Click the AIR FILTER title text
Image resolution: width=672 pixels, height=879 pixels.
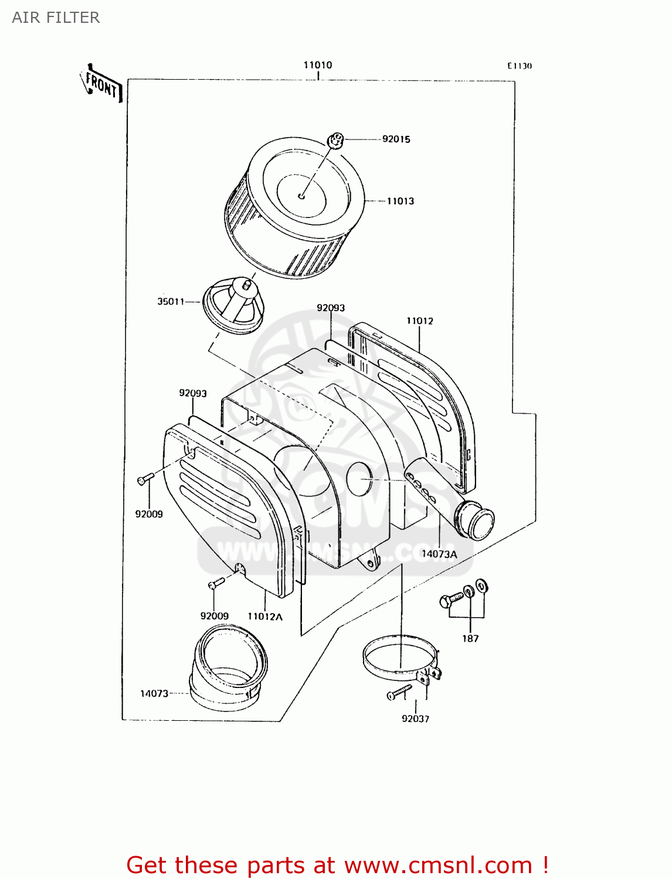tap(56, 18)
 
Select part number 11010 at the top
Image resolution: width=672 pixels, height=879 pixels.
tap(317, 65)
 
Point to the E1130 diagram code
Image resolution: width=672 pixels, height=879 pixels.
tap(519, 66)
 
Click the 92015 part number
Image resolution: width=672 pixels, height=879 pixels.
tap(396, 139)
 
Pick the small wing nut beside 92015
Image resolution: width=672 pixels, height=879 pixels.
tap(335, 140)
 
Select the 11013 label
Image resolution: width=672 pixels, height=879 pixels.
tap(400, 201)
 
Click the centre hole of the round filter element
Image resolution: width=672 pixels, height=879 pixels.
tap(301, 196)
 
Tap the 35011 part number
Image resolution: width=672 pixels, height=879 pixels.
tap(170, 301)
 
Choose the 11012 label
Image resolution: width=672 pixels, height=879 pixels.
tap(419, 321)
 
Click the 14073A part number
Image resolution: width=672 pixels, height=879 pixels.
tap(439, 554)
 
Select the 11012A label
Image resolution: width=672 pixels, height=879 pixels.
tap(264, 616)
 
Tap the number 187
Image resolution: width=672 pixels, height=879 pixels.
tap(470, 638)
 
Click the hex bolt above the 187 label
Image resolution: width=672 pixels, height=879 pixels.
tap(450, 599)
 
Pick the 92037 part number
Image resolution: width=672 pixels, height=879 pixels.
tap(415, 718)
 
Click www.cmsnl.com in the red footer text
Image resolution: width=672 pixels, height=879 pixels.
tap(438, 865)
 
